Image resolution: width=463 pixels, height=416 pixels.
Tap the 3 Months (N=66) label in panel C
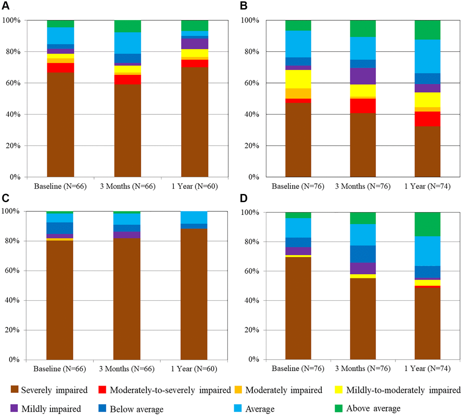[127, 369]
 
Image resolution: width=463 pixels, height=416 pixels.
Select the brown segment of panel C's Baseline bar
[60, 300]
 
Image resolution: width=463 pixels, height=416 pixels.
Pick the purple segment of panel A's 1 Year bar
[194, 44]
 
